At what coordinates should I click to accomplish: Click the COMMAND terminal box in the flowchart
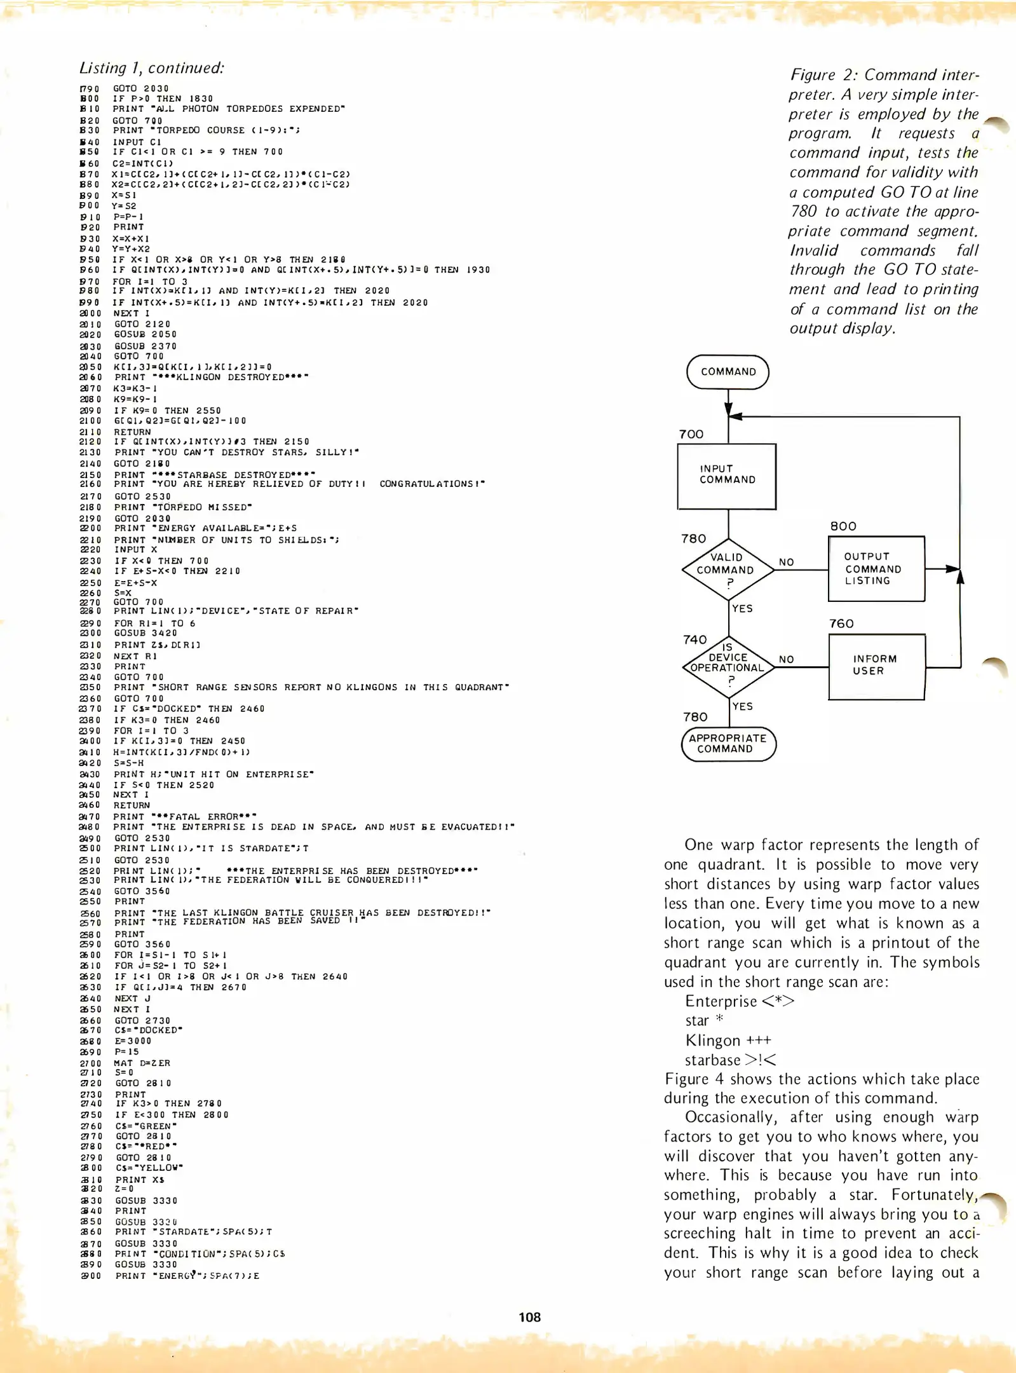(x=728, y=372)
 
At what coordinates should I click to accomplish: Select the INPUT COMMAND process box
(x=727, y=475)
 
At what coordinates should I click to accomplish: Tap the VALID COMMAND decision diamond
(x=728, y=569)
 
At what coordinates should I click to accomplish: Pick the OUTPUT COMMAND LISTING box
(x=876, y=569)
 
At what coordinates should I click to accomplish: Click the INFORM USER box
(x=876, y=666)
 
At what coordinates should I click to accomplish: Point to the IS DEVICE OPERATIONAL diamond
(x=729, y=666)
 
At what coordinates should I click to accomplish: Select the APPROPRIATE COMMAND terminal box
(x=728, y=744)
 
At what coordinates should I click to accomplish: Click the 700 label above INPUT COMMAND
(x=691, y=434)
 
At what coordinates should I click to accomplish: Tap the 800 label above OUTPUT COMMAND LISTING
(x=843, y=526)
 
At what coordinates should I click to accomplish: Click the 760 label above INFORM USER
(x=841, y=624)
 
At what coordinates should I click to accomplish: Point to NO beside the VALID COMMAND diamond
(x=787, y=562)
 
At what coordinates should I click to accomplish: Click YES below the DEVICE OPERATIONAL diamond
(x=742, y=706)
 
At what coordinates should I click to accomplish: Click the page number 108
(x=529, y=1318)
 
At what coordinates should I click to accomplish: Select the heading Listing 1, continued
(x=151, y=68)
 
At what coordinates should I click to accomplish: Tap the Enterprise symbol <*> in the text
(x=778, y=1001)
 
